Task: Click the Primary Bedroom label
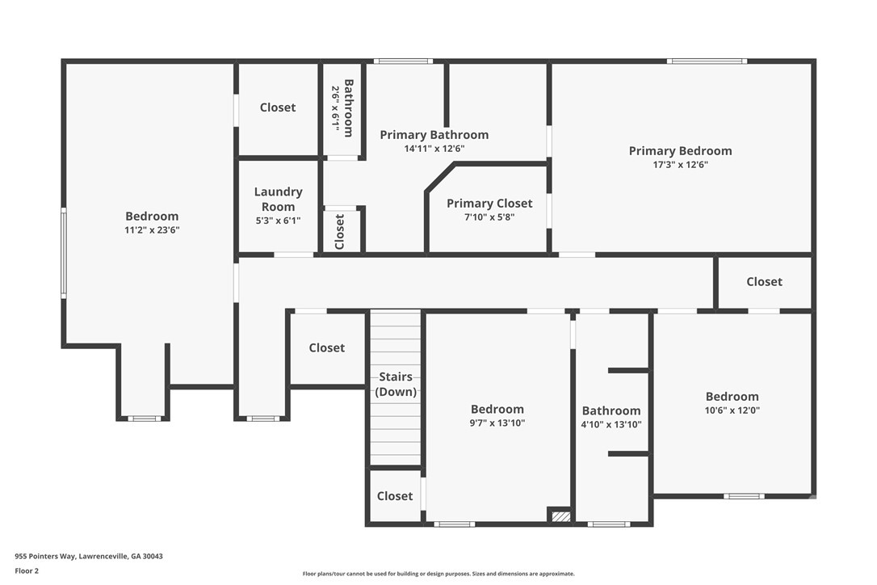(x=680, y=150)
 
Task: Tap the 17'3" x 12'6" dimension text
(x=680, y=165)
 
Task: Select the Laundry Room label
(x=278, y=199)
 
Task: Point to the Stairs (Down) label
(x=396, y=384)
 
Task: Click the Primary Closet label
(x=489, y=203)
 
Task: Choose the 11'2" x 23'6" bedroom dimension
(x=152, y=230)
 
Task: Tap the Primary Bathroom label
(x=434, y=134)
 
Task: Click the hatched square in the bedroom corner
(x=561, y=515)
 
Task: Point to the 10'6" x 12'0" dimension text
(x=732, y=410)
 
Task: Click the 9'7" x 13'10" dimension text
(x=497, y=423)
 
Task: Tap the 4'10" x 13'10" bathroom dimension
(x=611, y=424)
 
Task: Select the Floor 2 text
(x=27, y=571)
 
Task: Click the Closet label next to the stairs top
(x=326, y=347)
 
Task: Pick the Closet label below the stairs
(x=395, y=496)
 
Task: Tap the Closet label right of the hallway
(x=764, y=281)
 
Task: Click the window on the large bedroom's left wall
(x=64, y=253)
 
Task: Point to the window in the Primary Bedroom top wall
(x=707, y=61)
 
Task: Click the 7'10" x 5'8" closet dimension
(x=489, y=217)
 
